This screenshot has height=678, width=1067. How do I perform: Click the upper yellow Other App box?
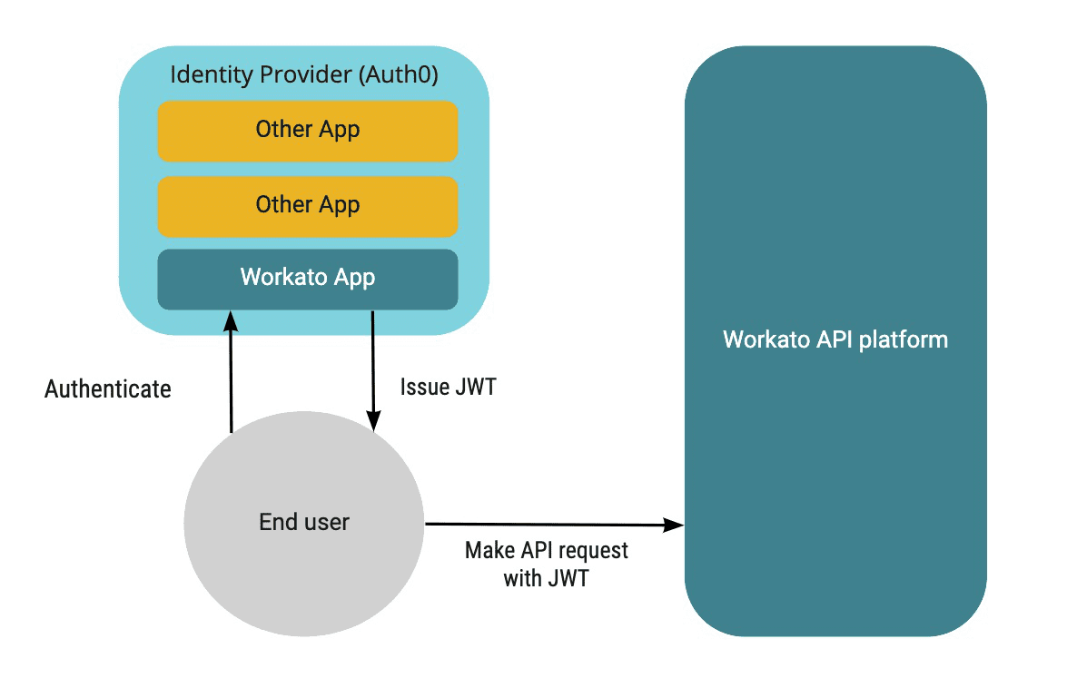pos(307,130)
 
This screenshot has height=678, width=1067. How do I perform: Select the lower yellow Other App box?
pos(307,205)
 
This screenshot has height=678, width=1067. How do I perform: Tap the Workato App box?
pos(307,278)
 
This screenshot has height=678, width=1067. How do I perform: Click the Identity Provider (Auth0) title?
pos(304,74)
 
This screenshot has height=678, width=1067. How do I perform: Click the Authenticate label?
pos(107,389)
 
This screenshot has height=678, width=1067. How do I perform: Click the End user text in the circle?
pos(304,522)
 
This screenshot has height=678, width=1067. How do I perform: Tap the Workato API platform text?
pos(835,339)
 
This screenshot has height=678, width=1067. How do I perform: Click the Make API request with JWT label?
pos(546,564)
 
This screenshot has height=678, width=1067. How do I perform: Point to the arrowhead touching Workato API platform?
pos(674,525)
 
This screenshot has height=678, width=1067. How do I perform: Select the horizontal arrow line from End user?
pos(545,524)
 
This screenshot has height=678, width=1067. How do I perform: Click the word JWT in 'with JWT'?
pos(568,578)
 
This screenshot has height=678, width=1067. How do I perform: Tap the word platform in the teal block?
pos(905,339)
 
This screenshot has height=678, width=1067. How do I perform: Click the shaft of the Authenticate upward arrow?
pos(231,381)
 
